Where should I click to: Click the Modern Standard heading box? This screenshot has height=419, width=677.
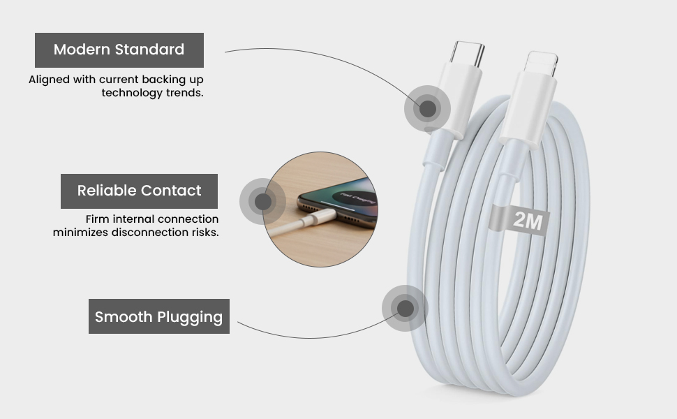click(119, 50)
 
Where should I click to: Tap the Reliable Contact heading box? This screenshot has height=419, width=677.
click(139, 191)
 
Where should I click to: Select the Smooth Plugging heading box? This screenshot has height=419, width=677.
click(159, 316)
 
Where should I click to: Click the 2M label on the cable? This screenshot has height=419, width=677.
click(528, 220)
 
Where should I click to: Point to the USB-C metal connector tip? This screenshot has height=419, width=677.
click(468, 53)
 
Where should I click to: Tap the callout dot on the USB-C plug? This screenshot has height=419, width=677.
click(427, 108)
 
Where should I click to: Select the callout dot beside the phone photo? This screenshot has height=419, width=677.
click(262, 201)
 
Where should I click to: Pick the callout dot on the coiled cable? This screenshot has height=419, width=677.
click(405, 309)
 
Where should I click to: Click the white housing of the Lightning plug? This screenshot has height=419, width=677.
click(528, 109)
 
